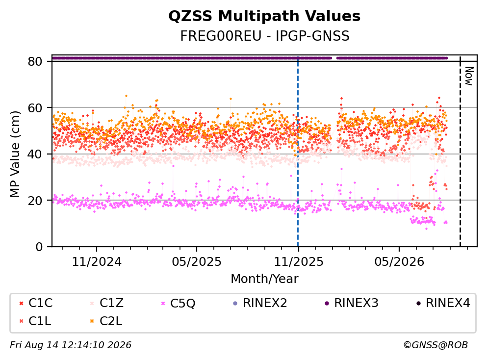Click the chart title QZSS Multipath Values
264,16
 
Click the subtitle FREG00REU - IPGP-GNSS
265,36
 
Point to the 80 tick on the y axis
35,61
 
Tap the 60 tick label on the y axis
35,108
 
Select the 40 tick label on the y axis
35,154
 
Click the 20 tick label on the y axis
35,200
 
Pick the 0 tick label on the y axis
39,247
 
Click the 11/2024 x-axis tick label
97,262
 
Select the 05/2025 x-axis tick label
197,262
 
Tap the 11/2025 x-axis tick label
299,262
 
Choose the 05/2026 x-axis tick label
399,262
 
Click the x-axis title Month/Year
264,279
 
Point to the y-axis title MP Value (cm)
15,154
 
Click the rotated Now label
469,76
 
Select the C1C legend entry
36,303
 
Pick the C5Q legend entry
179,303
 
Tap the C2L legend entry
106,321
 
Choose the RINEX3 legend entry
352,303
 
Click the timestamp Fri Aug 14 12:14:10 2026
71,345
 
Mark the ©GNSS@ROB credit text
436,345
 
